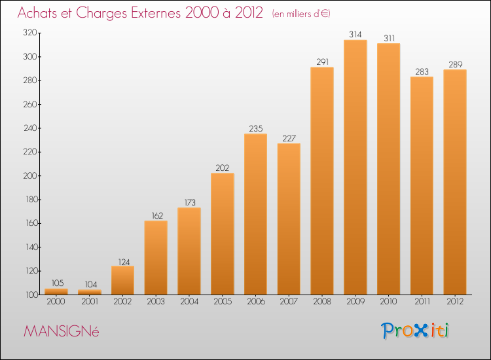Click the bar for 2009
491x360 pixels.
point(355,167)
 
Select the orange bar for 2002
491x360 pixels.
point(123,280)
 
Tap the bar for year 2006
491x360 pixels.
point(255,214)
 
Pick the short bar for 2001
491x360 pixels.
point(90,292)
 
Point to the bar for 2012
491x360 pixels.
point(455,182)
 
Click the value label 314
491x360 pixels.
point(355,35)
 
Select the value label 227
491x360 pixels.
point(289,138)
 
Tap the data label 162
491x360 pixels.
point(157,216)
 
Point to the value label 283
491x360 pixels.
point(422,72)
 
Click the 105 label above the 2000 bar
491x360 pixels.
point(58,283)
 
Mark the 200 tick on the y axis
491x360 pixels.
point(30,175)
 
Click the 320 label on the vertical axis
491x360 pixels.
point(30,33)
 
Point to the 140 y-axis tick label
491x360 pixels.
point(31,247)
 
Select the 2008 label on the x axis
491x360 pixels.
point(322,301)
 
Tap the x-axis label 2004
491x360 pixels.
point(189,301)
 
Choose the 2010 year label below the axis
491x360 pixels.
point(388,301)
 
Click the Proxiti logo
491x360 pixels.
point(415,331)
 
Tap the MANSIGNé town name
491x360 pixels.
point(62,331)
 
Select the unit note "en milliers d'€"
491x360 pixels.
point(301,14)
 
